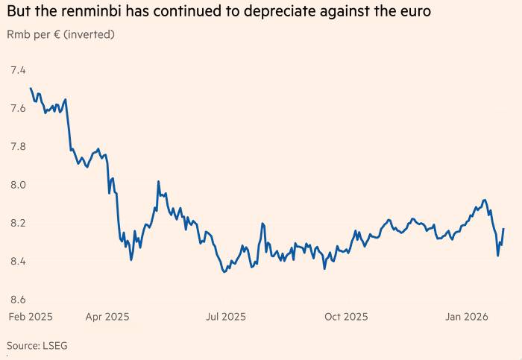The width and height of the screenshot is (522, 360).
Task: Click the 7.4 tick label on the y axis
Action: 17,70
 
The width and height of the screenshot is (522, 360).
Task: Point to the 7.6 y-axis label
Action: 17,108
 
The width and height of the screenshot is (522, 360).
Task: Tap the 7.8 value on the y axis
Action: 17,147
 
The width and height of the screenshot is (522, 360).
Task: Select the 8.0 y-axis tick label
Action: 17,185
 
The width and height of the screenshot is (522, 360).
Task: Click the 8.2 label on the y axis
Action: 17,223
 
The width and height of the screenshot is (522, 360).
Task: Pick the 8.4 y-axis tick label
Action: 17,262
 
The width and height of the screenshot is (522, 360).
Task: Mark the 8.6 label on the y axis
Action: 17,300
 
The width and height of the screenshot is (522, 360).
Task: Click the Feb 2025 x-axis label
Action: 31,317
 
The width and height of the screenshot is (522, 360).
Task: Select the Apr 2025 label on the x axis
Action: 107,317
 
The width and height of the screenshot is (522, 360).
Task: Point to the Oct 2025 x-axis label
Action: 346,317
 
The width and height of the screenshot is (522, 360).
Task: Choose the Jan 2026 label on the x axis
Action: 466,317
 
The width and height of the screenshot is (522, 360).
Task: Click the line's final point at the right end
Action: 504,229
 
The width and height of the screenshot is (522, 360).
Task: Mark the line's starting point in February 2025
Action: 31,89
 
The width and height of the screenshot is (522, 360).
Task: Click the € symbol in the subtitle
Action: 57,34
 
